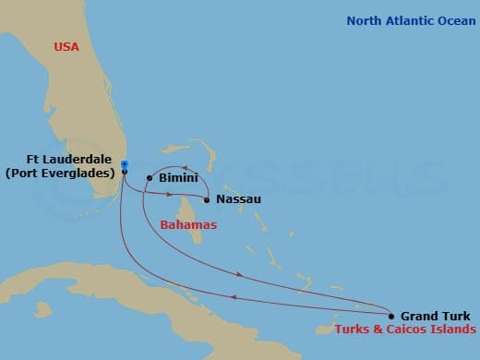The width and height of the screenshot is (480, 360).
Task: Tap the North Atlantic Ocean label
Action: point(410,21)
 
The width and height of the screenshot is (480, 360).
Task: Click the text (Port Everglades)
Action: point(59,172)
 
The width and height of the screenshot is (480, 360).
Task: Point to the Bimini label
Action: point(176,177)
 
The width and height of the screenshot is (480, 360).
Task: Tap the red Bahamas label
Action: point(188,224)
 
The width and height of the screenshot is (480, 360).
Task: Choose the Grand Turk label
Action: point(435,316)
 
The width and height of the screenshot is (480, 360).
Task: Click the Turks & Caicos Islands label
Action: point(407,330)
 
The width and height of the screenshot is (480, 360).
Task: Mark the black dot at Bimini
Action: point(150,178)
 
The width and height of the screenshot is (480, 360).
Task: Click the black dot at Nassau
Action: point(207,199)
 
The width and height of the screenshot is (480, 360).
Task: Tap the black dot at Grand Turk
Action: point(391,316)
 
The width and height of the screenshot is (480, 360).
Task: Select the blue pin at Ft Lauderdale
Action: point(124,164)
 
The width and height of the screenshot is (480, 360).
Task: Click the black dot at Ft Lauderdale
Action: point(124,172)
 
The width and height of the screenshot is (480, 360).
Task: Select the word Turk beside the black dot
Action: point(454,316)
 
